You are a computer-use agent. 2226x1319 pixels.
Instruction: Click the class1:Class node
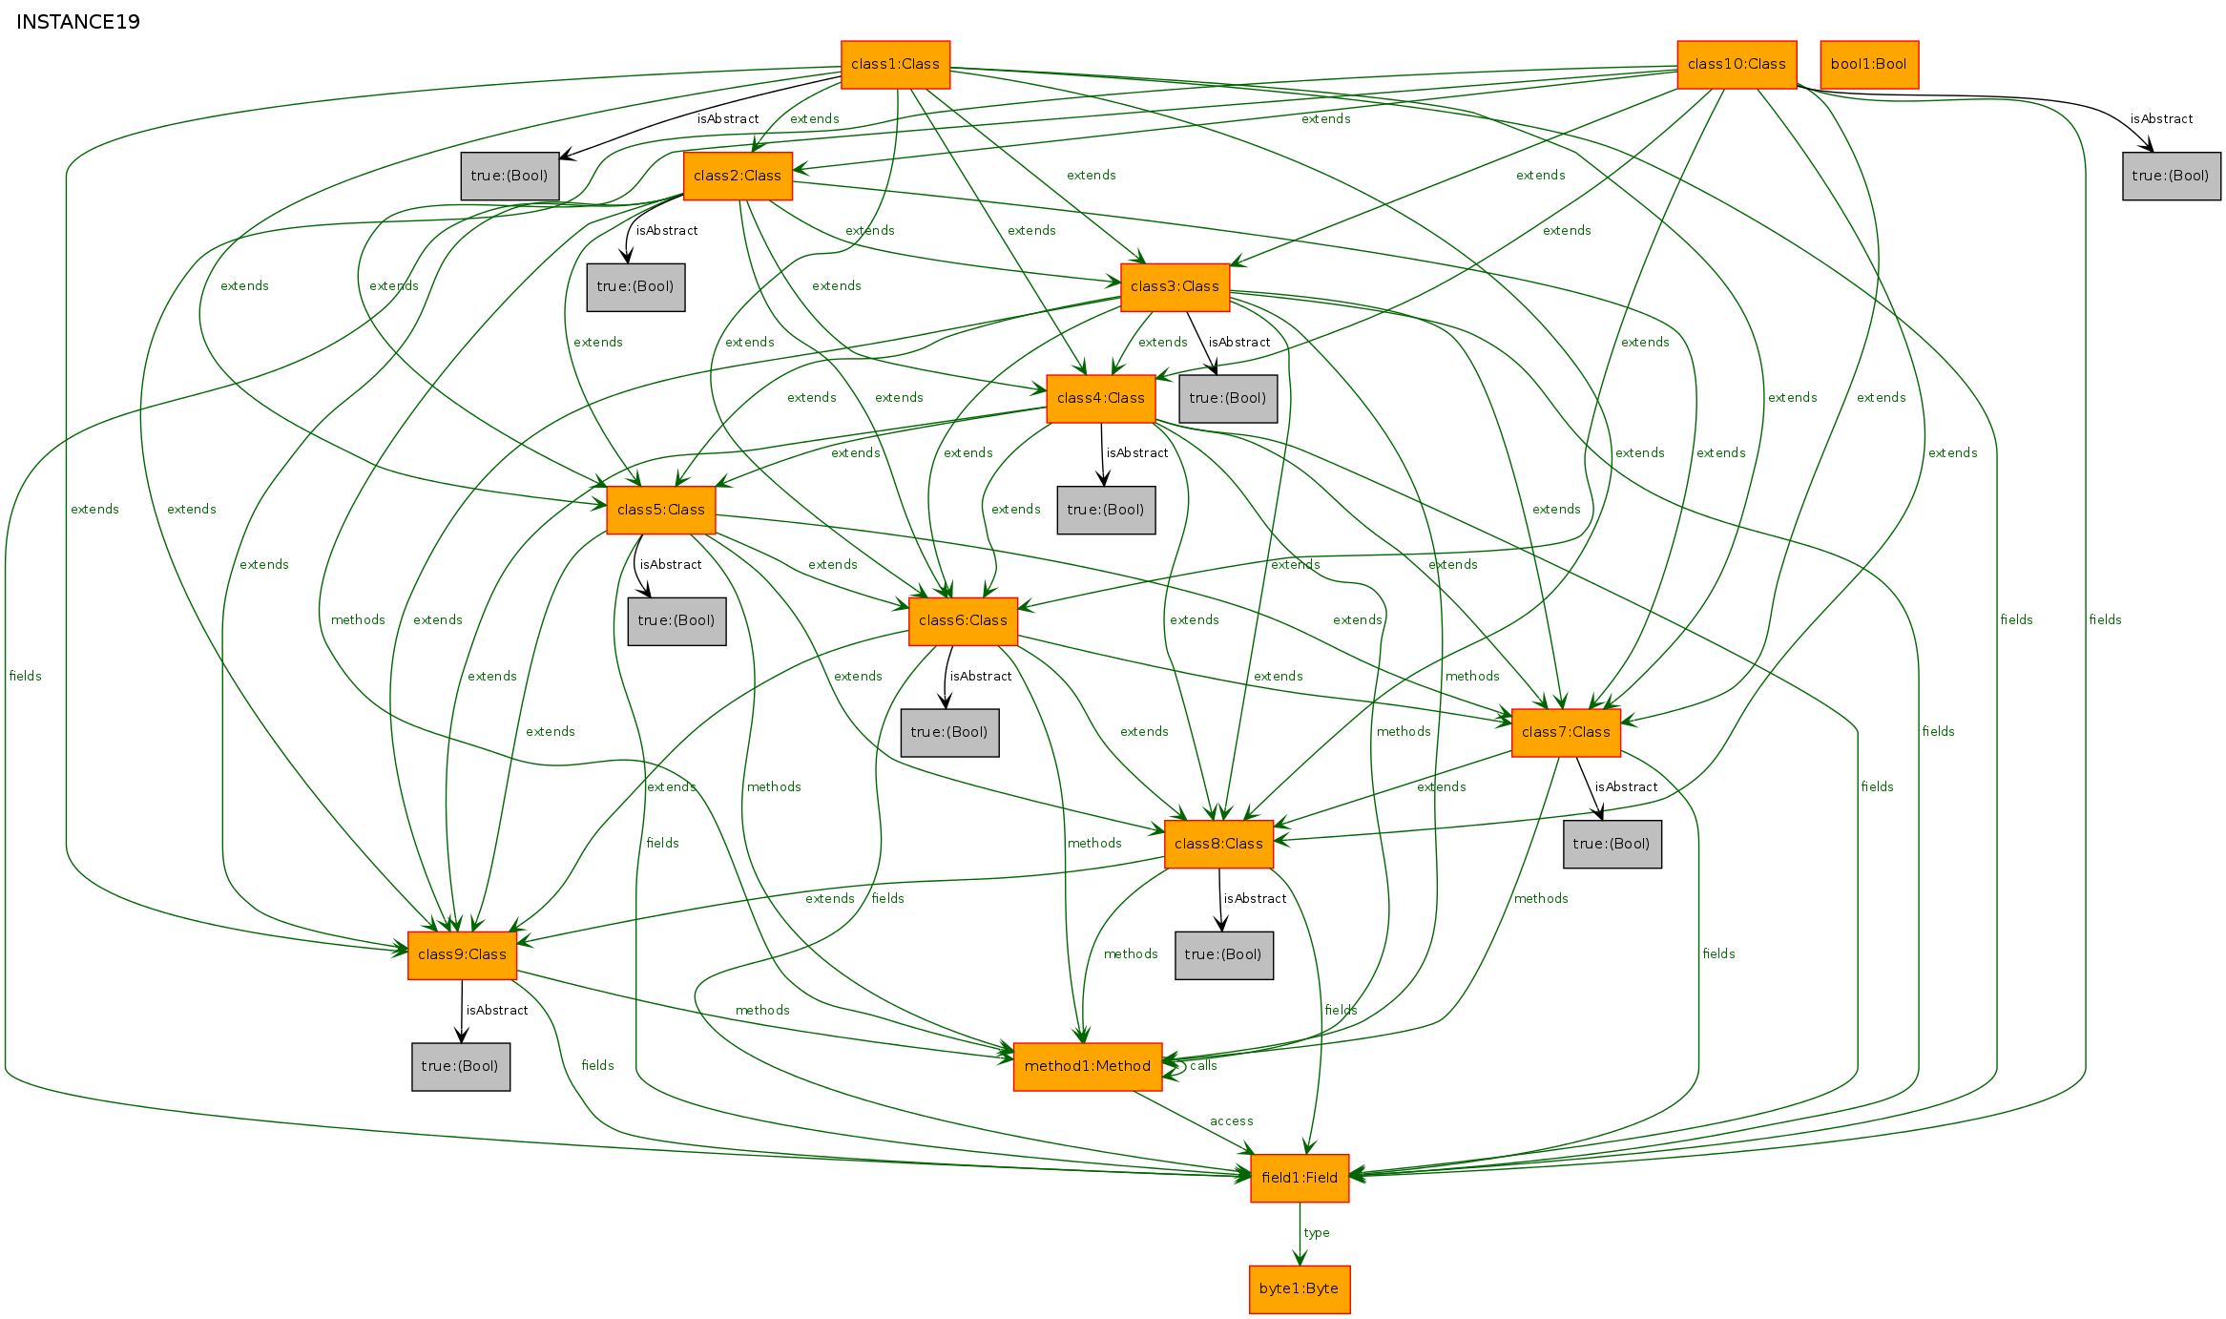895,65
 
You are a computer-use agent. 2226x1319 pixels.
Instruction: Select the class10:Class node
1737,65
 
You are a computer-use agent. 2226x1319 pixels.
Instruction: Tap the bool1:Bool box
1869,65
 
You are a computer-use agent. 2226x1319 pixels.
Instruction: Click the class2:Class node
738,177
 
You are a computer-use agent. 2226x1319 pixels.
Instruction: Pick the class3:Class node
1175,287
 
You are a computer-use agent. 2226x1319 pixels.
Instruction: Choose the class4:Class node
1101,399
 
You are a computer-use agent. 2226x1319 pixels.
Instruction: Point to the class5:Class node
661,511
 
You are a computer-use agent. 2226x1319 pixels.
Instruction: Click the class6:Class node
963,621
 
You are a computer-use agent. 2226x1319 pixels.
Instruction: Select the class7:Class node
1566,733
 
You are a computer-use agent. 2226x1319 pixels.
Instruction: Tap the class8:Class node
1218,845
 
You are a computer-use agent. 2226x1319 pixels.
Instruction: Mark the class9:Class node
462,955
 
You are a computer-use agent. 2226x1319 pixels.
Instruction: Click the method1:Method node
1088,1067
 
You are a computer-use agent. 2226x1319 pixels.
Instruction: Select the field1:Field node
1300,1179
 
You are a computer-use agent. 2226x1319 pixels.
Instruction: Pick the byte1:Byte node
1300,1289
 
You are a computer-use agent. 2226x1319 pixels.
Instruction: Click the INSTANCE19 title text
78,22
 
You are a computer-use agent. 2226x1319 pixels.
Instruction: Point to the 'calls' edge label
1203,1066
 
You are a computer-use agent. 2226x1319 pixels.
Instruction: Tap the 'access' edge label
1231,1121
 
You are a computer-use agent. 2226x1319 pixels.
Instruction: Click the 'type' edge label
1317,1233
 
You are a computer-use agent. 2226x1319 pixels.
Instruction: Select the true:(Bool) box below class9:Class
461,1067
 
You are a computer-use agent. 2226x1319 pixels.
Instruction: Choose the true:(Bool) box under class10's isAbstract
2172,177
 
